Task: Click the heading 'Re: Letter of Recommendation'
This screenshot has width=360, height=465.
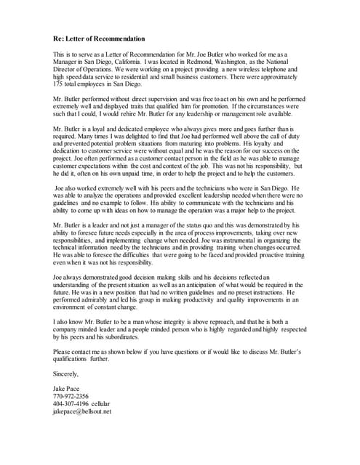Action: tap(99, 39)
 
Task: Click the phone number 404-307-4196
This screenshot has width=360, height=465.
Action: tap(73, 405)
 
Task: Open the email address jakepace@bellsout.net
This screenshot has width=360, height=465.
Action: tap(82, 413)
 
